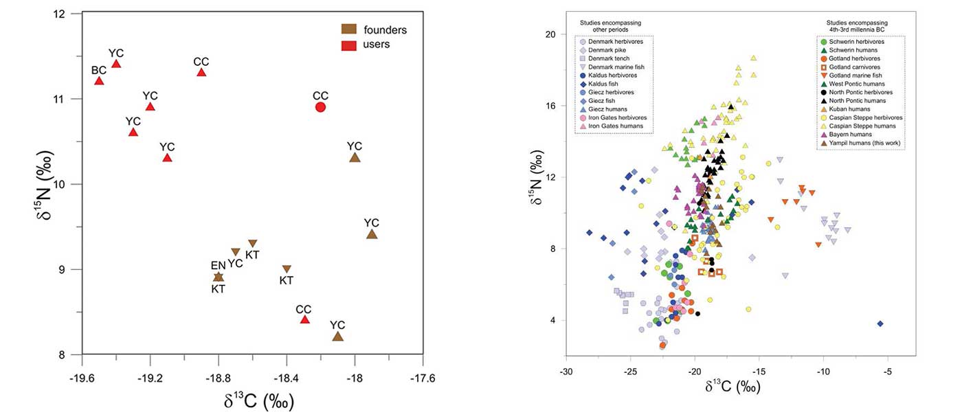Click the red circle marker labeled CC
point(320,106)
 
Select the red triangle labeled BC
point(99,81)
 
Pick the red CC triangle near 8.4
point(304,319)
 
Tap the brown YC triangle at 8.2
point(337,336)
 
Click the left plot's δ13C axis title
point(251,400)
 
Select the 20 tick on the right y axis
point(549,34)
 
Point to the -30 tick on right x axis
point(566,371)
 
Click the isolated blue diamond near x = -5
point(880,323)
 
